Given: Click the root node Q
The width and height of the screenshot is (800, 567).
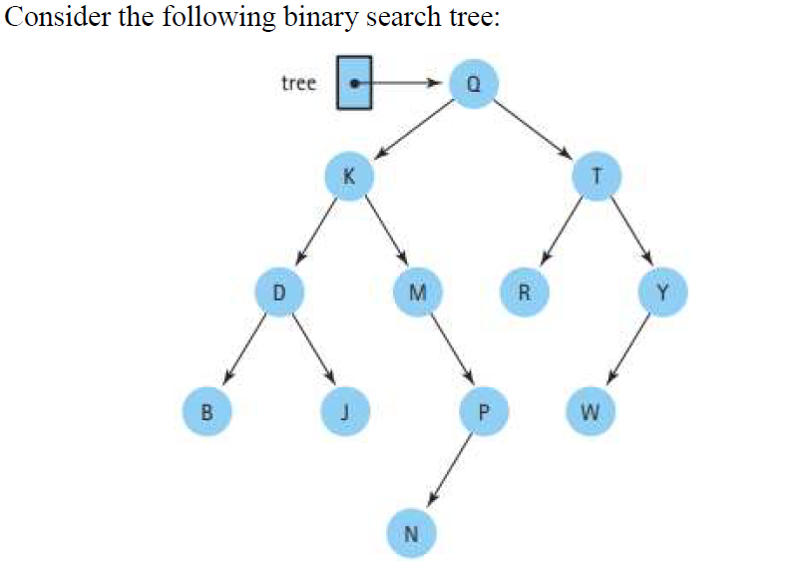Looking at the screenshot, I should (474, 84).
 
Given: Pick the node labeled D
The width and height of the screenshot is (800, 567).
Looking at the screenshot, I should (279, 292).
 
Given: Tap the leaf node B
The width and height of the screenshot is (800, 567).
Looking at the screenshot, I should (205, 408).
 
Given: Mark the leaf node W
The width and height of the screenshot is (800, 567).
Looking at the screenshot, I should (590, 408).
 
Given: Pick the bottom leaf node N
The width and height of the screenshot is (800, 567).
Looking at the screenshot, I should (410, 530).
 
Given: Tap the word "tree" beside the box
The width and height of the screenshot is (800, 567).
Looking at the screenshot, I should (298, 83).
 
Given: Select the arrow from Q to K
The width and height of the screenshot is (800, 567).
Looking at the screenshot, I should (412, 129).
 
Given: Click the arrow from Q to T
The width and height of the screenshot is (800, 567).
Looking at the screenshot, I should (536, 129).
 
